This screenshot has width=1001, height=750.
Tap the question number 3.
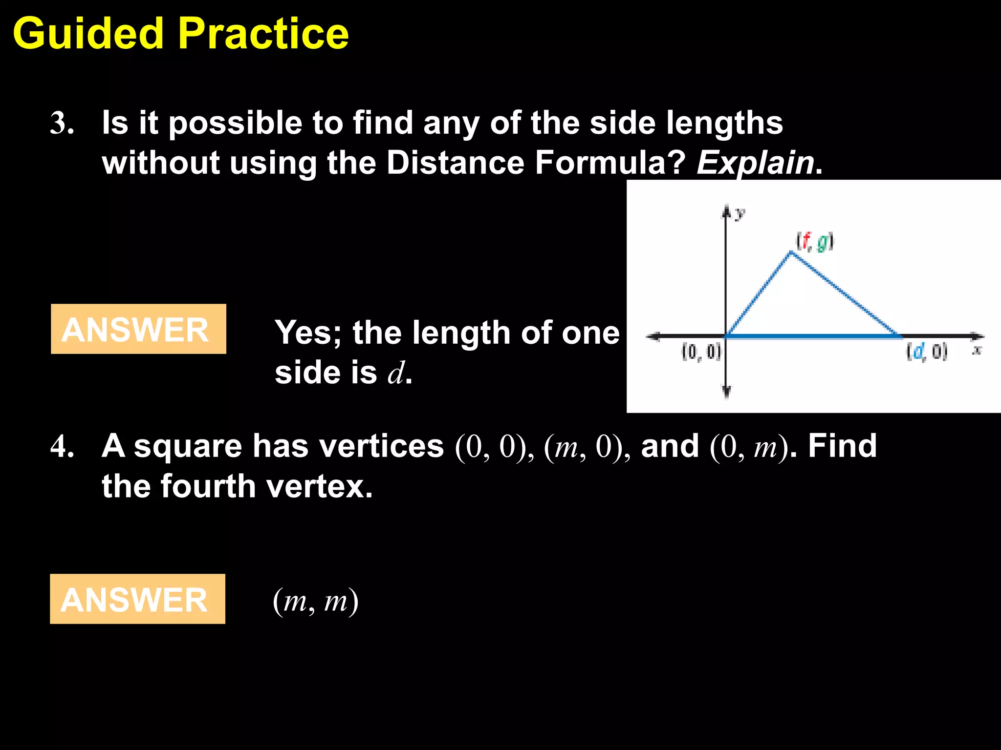tap(62, 123)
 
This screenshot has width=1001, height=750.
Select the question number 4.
tap(62, 446)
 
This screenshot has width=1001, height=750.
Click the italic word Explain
tap(755, 163)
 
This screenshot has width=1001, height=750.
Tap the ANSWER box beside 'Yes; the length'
tap(138, 329)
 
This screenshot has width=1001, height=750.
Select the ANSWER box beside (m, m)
tap(137, 599)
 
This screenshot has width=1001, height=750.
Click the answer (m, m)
tap(316, 601)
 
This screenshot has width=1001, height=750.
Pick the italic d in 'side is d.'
tap(396, 374)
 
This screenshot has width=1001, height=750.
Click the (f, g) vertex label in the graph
tap(815, 242)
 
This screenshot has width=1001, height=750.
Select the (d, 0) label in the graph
tap(927, 352)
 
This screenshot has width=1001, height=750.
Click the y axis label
tap(740, 213)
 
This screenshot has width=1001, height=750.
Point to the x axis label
tap(977, 350)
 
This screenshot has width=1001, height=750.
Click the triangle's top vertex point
tap(791, 253)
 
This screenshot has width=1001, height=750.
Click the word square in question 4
tap(188, 447)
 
